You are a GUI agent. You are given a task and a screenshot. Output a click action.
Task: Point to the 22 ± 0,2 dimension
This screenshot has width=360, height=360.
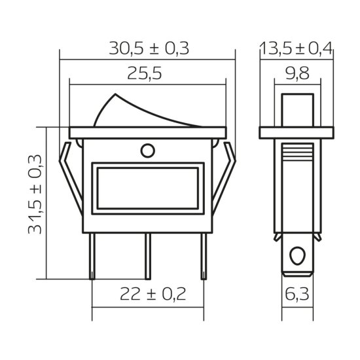[148, 295]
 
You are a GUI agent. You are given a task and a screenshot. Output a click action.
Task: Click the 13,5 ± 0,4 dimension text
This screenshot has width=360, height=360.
[296, 49]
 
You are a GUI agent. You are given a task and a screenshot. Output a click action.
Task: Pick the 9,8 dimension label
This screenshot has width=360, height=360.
[297, 74]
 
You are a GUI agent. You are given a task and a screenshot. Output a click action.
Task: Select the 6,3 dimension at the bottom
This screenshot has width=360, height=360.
[297, 295]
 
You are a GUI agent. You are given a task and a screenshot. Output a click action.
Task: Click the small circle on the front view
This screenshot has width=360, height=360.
[148, 151]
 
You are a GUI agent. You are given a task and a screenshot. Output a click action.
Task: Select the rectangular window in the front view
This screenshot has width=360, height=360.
[148, 187]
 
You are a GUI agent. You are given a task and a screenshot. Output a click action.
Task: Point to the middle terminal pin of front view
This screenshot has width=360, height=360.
[149, 255]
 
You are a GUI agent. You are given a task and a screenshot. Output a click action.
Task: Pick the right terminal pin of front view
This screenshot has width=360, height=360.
[205, 255]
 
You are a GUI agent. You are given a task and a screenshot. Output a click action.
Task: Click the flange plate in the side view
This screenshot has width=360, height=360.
[297, 132]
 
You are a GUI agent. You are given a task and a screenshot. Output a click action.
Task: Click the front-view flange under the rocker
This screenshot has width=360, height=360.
[148, 132]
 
